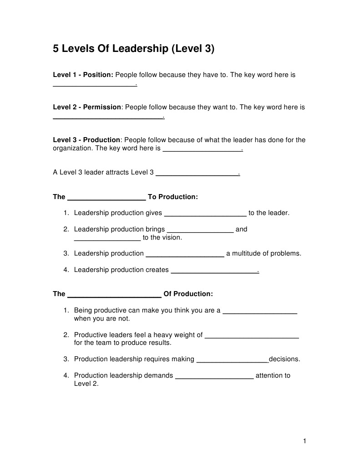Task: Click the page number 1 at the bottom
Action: pyautogui.click(x=304, y=440)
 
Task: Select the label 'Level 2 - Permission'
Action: pyautogui.click(x=87, y=107)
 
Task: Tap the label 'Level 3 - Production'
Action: pyautogui.click(x=87, y=140)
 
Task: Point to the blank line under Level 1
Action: pyautogui.click(x=95, y=85)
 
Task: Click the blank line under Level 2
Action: pyautogui.click(x=108, y=118)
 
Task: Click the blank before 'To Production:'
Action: pyautogui.click(x=106, y=198)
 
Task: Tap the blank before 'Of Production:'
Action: pyautogui.click(x=114, y=295)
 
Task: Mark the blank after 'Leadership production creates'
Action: pyautogui.click(x=214, y=271)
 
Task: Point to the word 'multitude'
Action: pyautogui.click(x=248, y=253)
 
